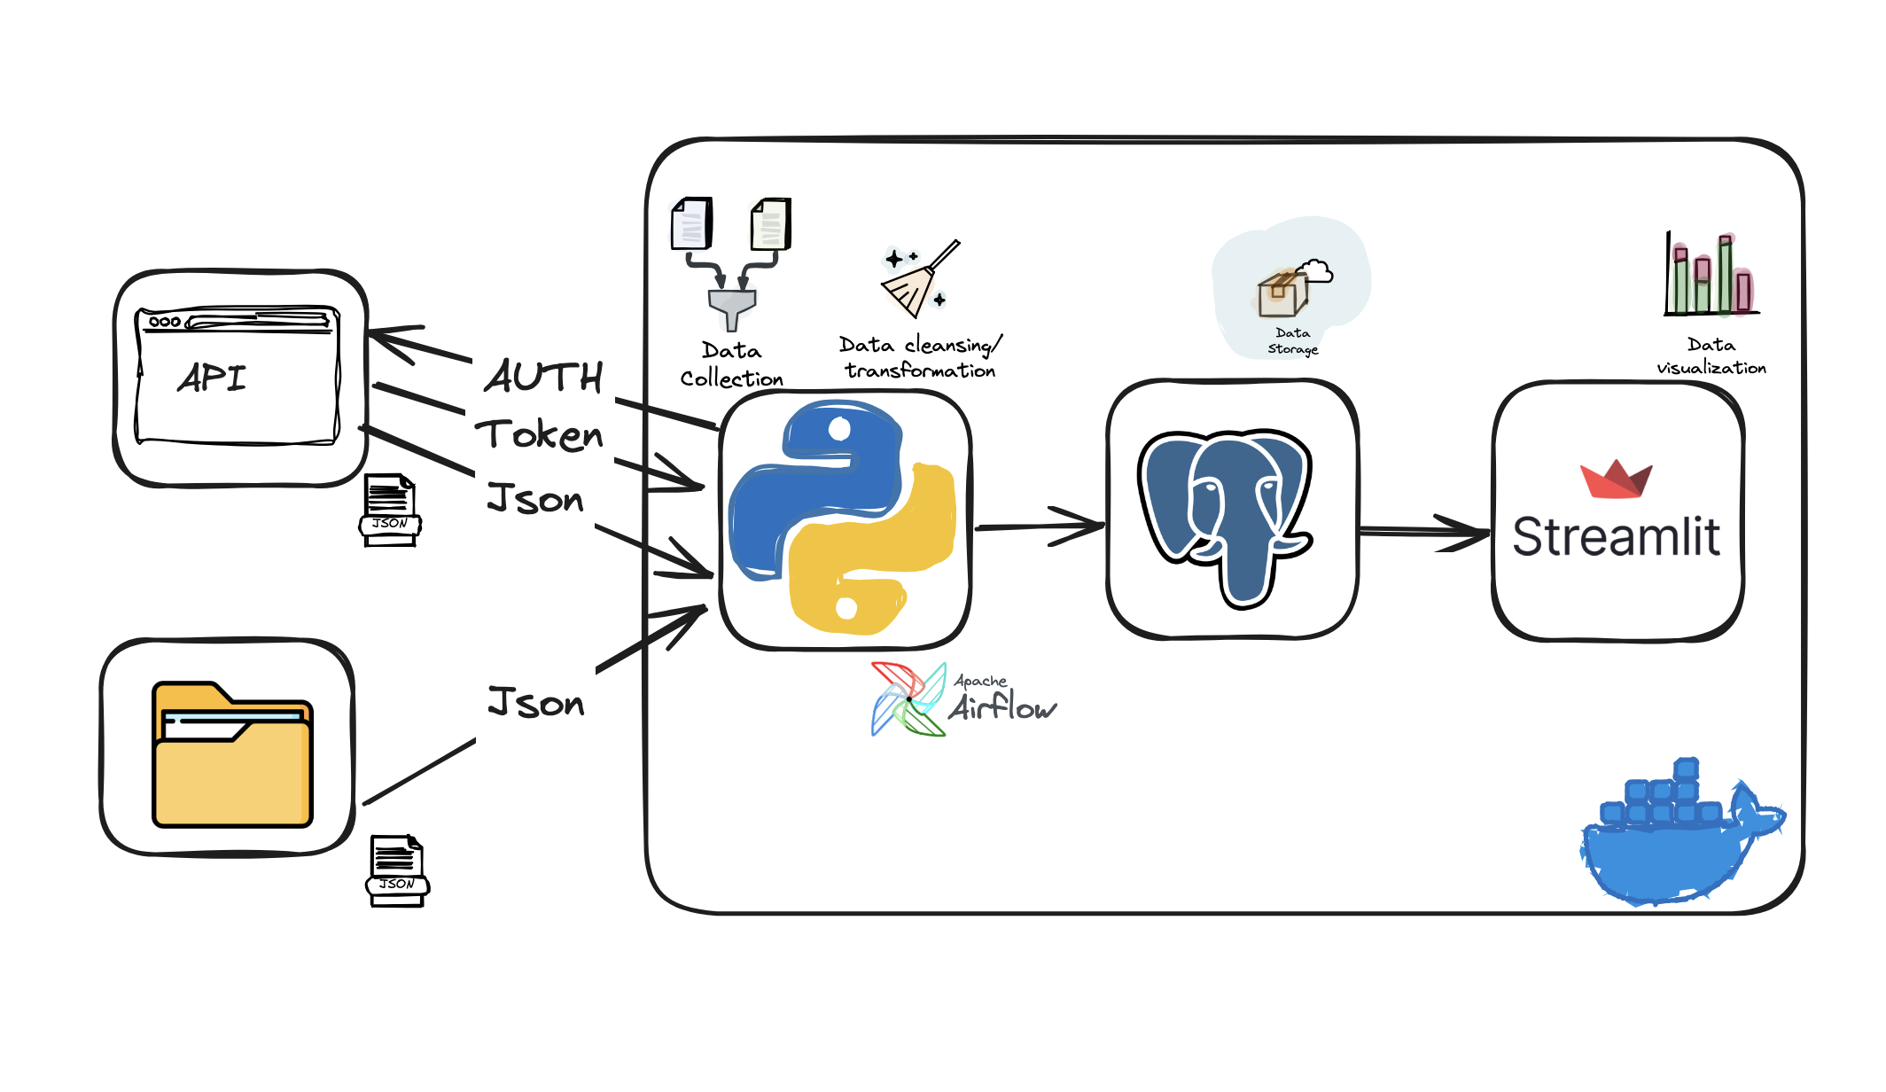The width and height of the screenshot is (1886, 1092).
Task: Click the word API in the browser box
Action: click(212, 378)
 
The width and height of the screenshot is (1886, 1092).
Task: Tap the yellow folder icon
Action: click(232, 755)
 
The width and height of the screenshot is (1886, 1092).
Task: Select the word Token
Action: click(539, 434)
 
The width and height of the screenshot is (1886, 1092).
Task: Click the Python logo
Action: click(842, 519)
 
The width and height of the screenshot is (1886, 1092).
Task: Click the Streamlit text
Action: click(1616, 537)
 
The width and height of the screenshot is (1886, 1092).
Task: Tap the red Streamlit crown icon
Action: click(1615, 480)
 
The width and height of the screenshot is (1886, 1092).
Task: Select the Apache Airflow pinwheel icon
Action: click(908, 699)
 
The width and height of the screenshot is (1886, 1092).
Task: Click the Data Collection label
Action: click(731, 364)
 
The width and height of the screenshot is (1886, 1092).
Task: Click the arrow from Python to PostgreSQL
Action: click(1041, 526)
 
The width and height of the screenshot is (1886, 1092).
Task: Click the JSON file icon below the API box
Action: click(390, 510)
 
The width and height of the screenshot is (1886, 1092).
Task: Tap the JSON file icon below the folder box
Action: click(397, 870)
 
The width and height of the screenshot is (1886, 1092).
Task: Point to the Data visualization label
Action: click(1711, 355)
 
